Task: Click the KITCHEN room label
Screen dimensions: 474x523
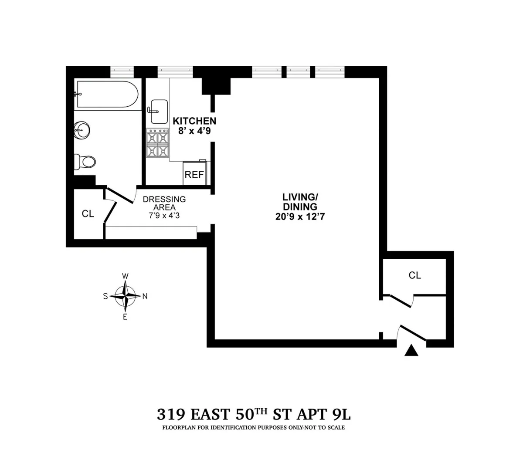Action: click(194, 121)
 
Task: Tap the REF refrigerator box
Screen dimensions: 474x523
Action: click(194, 175)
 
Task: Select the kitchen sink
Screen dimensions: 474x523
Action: click(159, 111)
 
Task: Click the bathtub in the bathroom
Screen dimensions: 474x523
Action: click(107, 94)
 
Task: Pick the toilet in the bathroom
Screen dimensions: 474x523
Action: click(84, 162)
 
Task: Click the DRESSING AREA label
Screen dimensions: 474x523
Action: click(164, 203)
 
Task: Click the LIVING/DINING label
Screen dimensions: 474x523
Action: click(299, 202)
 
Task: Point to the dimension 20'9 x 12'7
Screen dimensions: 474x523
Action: click(299, 217)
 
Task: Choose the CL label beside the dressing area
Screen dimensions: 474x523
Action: click(88, 214)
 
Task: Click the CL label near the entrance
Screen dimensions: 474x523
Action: click(415, 275)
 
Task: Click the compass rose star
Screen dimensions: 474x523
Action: click(126, 296)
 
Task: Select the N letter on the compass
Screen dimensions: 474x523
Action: click(145, 296)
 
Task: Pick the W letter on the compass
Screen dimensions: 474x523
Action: click(125, 276)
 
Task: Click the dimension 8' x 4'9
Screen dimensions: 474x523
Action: click(194, 131)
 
